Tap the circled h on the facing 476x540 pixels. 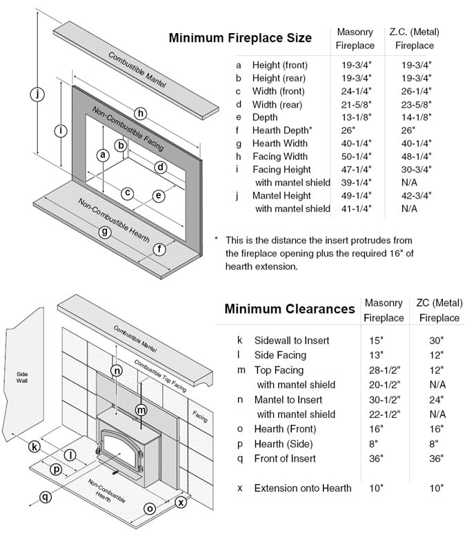click(141, 113)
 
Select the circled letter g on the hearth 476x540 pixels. click(105, 232)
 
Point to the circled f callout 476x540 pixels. click(159, 249)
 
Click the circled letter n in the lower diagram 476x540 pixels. click(117, 371)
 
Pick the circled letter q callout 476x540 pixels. click(46, 496)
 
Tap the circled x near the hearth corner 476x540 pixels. click(181, 502)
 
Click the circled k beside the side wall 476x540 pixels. click(34, 447)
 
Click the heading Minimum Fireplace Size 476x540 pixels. click(239, 38)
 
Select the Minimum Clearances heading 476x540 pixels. click(289, 309)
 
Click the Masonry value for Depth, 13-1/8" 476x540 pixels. click(355, 117)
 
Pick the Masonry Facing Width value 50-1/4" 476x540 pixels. click(355, 156)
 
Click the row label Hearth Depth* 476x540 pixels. click(282, 130)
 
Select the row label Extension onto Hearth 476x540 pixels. click(302, 488)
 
